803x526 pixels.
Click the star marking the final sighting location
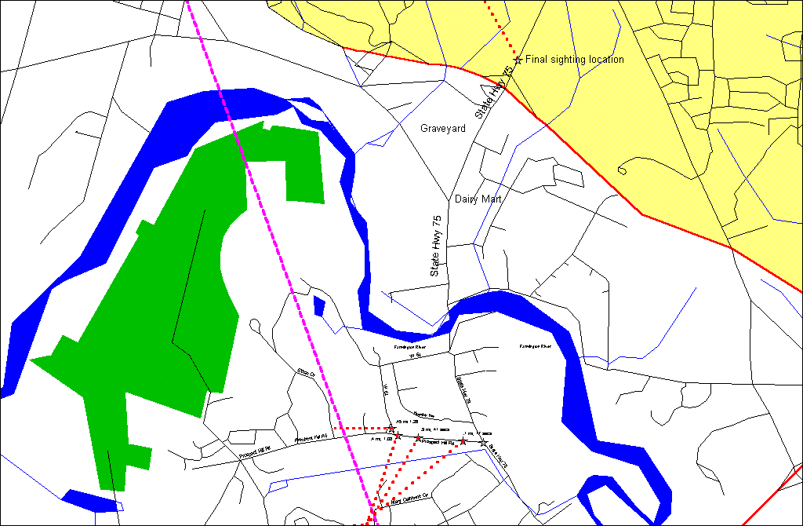[x=518, y=60]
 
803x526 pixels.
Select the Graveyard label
[x=443, y=128]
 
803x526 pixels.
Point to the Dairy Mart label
[x=478, y=199]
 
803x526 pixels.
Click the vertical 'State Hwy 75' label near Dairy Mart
[x=438, y=244]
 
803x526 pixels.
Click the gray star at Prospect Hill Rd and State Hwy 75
[x=483, y=443]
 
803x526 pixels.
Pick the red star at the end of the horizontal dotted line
[x=391, y=428]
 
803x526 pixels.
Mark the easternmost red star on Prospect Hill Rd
[x=463, y=441]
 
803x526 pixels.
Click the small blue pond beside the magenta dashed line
[x=319, y=305]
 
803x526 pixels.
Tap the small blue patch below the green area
[x=89, y=500]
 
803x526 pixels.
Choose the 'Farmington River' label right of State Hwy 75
[x=536, y=346]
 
